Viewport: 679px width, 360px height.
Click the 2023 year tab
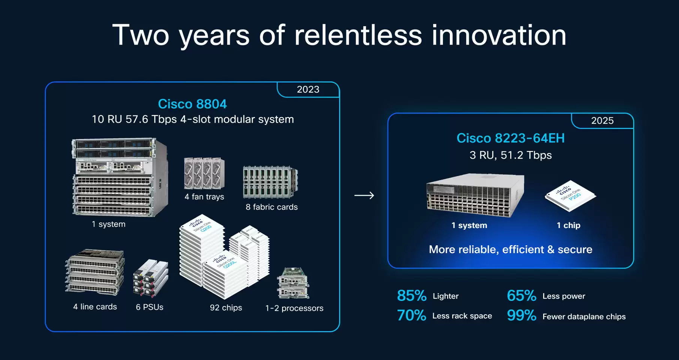click(x=308, y=90)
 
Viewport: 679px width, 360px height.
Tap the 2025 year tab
click(x=602, y=121)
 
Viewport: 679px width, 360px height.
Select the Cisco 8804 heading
click(x=192, y=104)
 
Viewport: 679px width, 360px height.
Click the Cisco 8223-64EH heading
click(x=511, y=138)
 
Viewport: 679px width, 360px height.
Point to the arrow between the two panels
click(x=364, y=195)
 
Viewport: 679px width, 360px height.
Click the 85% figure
click(x=412, y=296)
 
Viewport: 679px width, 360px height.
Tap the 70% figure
click(x=412, y=315)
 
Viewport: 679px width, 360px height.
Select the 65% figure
click(x=521, y=296)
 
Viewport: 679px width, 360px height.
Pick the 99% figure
click(x=521, y=315)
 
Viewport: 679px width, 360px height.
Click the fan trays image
click(x=204, y=173)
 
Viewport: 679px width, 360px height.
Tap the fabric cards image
click(x=270, y=182)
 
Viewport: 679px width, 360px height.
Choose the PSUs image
click(x=150, y=278)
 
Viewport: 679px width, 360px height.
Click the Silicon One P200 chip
click(x=570, y=196)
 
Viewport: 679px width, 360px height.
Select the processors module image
click(x=293, y=283)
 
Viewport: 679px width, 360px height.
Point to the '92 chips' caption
click(x=226, y=308)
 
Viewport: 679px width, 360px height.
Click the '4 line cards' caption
click(x=95, y=307)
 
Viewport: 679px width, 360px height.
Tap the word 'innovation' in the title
click(x=499, y=35)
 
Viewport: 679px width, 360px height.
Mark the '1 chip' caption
click(x=568, y=225)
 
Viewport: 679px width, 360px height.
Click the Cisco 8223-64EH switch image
click(x=475, y=195)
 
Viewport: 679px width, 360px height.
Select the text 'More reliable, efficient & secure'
click(x=511, y=250)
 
